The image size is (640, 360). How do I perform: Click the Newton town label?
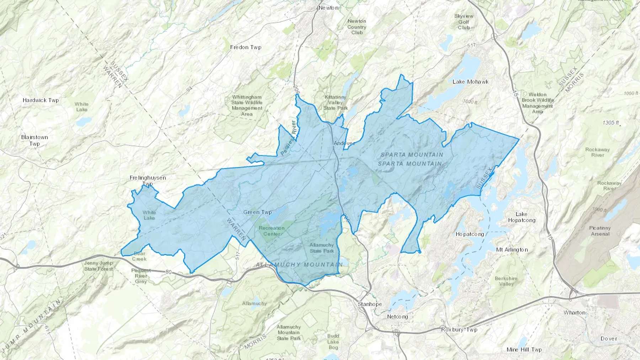point(328,8)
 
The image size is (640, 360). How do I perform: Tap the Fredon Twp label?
point(245,47)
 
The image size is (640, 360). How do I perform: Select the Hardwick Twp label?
point(41,100)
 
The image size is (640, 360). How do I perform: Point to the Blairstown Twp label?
point(34,140)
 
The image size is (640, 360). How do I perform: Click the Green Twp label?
point(257,212)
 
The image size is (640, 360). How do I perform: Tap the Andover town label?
point(344,143)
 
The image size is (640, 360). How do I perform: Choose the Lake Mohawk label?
point(470,82)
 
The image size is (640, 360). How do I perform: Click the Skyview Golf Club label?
point(464,22)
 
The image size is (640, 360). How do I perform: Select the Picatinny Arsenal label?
point(600,231)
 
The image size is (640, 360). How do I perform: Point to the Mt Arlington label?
point(512,250)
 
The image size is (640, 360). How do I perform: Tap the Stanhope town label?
point(370,304)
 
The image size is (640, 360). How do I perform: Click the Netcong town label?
point(397,317)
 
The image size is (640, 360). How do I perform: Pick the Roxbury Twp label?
point(459,329)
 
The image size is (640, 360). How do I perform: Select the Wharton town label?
point(574,313)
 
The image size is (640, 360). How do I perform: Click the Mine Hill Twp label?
point(524,350)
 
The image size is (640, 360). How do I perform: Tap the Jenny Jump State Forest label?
point(98,266)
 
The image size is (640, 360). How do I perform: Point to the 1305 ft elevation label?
point(610,123)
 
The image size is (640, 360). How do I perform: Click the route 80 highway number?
point(169,272)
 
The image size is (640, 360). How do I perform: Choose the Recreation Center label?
point(271,231)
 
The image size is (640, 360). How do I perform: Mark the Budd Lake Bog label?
point(333,342)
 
